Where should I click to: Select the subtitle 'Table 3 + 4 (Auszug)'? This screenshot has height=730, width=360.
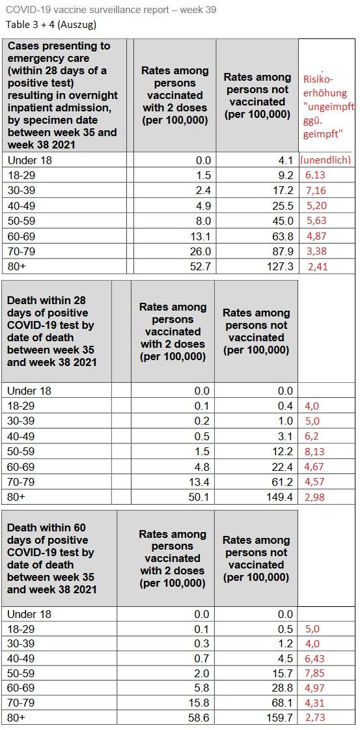coord(51,25)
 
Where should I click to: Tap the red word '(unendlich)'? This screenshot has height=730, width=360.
coord(325,160)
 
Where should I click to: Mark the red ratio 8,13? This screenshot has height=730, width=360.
coord(315,451)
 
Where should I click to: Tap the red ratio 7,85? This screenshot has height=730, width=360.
coord(315,673)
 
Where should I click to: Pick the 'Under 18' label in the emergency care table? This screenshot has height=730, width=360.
coord(29,160)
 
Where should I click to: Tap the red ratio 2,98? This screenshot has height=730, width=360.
coord(315,497)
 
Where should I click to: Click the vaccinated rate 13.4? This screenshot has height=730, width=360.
coord(200,481)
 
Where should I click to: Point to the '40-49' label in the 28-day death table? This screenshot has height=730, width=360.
coord(21,436)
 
